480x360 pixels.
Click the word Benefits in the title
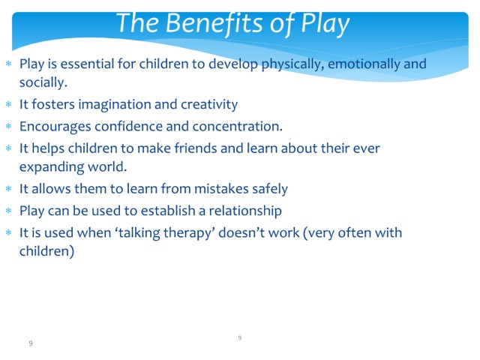[214, 22]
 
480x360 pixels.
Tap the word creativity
[209, 105]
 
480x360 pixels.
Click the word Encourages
[55, 127]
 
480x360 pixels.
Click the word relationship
[245, 211]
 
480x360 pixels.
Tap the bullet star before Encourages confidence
[8, 126]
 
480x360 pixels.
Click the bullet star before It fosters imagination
[8, 104]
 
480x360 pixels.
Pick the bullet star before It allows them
[8, 188]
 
